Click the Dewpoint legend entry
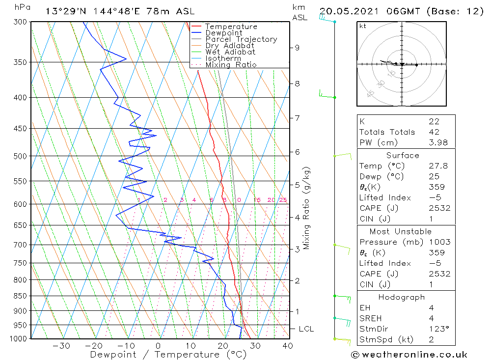[223, 33]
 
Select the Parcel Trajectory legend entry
[241, 39]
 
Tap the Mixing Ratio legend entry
[231, 65]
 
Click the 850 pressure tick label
[20, 296]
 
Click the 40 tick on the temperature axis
[288, 346]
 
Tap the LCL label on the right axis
[306, 329]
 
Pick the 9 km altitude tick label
[297, 48]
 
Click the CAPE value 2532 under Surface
[439, 208]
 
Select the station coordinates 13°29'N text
[69, 11]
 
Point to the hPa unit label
[22, 7]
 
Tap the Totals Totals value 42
[434, 132]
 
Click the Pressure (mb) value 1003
[439, 242]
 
